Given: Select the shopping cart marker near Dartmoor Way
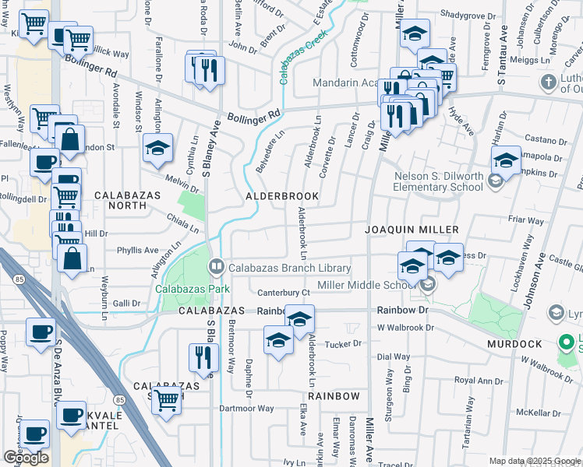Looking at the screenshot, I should click(166, 400).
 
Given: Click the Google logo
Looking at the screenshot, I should click(25, 458).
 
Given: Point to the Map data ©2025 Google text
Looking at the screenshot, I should click(535, 461).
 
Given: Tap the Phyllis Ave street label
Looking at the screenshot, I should click(137, 251).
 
